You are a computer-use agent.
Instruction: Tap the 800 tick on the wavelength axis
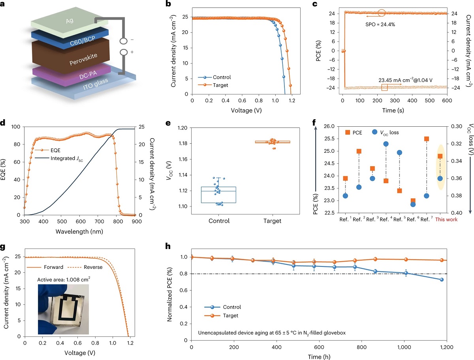[316, 221]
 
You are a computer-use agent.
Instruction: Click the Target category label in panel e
[272, 221]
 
